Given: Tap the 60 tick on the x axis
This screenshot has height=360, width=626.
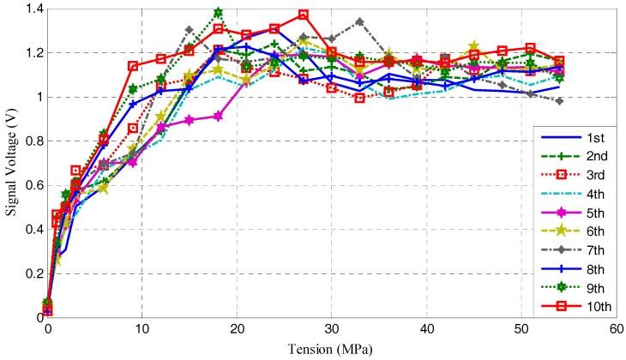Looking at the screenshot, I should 614,328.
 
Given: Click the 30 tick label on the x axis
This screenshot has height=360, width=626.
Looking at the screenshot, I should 331,328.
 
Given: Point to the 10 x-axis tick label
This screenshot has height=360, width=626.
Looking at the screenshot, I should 142,328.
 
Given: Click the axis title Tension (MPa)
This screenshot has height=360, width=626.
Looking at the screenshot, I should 330,347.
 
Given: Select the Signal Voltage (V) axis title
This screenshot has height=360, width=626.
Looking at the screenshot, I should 9,163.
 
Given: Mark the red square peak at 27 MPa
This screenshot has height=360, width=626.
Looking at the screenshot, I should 304,15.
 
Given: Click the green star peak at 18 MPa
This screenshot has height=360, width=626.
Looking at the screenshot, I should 218,13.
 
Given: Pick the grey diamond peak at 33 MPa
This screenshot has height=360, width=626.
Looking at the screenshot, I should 359,21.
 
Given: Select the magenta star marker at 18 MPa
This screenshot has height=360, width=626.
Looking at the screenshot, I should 218,116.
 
